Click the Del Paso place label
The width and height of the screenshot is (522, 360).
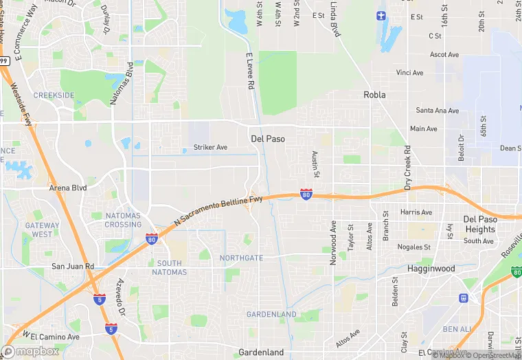(267, 139)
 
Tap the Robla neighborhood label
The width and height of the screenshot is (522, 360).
(374, 95)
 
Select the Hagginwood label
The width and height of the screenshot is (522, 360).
(431, 269)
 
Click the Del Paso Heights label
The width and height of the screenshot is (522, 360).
(479, 224)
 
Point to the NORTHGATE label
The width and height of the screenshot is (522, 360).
(241, 258)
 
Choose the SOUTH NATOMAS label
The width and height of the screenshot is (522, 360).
(169, 268)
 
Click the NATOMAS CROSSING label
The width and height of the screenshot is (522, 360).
(123, 220)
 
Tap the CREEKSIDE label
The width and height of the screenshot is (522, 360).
(54, 95)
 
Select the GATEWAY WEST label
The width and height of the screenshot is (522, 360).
(42, 229)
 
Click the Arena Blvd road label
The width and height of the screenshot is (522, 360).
(68, 187)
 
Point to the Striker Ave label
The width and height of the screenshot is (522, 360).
(210, 147)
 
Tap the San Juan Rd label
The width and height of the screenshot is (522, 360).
(72, 266)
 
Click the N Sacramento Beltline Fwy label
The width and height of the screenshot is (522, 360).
(218, 210)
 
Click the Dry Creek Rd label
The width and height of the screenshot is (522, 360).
(407, 168)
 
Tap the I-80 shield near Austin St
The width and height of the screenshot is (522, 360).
(306, 195)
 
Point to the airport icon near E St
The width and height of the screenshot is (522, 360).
(382, 15)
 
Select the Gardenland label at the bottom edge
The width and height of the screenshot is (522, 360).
(261, 352)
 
